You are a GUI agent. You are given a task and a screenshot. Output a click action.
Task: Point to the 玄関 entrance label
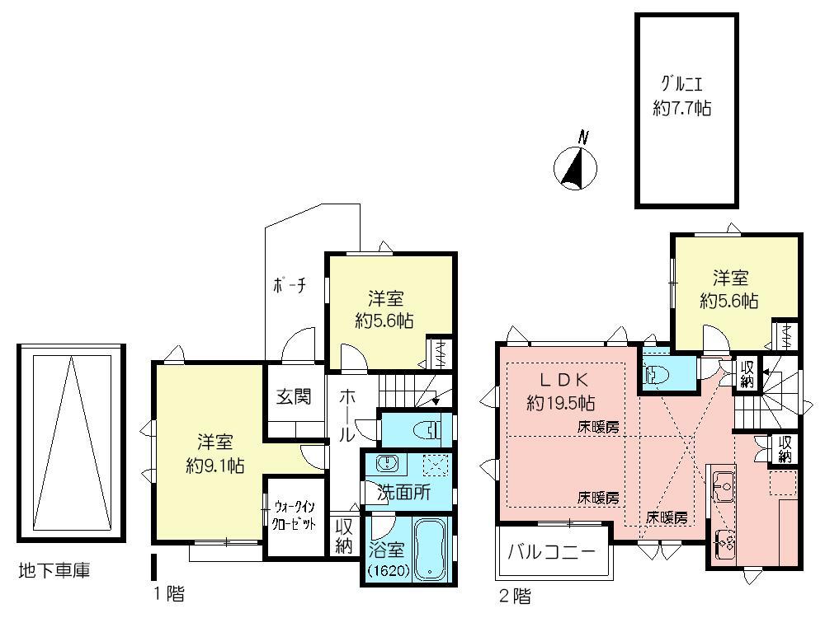(x=293, y=396)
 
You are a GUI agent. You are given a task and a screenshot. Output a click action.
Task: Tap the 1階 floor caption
(x=168, y=592)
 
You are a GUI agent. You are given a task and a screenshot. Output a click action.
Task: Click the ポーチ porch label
(x=290, y=285)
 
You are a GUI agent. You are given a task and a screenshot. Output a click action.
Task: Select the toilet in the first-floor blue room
(x=427, y=429)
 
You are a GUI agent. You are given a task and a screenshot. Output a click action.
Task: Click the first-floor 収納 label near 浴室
(x=344, y=536)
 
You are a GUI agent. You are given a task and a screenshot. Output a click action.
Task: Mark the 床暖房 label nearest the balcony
(x=599, y=498)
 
